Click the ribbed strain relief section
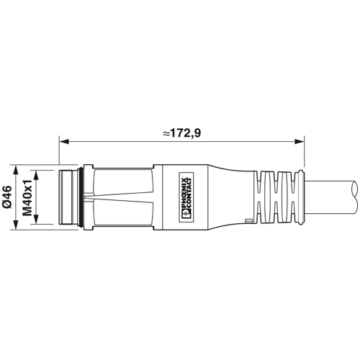coord(277,196)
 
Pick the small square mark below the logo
coord(248,217)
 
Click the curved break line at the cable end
coord(355,196)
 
